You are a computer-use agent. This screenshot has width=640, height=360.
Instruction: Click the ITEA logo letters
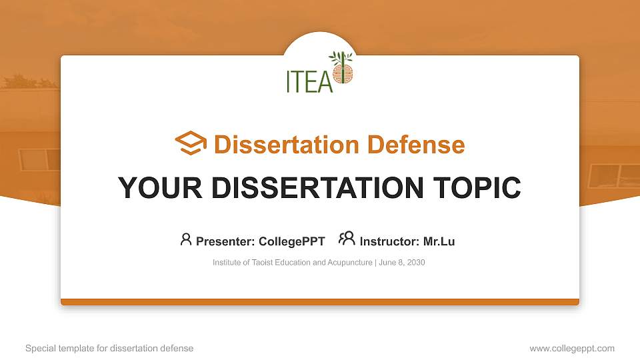[x=309, y=80]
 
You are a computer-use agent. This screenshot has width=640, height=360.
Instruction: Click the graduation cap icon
[x=191, y=143]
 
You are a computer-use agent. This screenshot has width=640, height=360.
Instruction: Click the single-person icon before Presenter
[x=186, y=239]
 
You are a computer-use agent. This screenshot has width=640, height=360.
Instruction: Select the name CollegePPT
[x=291, y=241]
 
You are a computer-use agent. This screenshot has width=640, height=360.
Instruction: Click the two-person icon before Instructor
[x=347, y=239]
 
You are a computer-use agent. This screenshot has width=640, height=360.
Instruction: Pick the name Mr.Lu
[x=439, y=241]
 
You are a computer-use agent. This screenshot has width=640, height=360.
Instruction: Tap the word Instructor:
[x=389, y=241]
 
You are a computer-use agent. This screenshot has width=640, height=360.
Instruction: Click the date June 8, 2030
[x=403, y=263]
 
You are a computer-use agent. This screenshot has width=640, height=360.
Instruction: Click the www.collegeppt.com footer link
[x=572, y=349]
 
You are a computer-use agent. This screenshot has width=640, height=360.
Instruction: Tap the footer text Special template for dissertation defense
[x=109, y=349]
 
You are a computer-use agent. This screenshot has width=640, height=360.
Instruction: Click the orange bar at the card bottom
[x=320, y=302]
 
